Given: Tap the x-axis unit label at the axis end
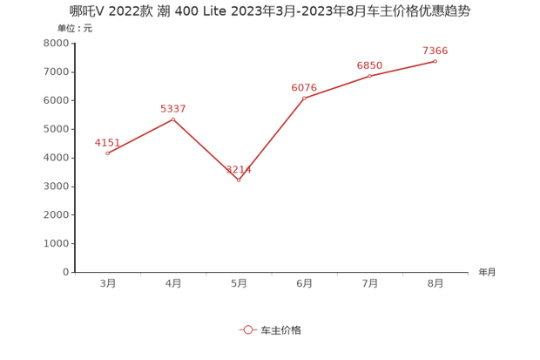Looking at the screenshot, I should click(485, 272).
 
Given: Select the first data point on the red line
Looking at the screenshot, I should click(107, 153).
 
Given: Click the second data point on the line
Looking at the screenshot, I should click(172, 117).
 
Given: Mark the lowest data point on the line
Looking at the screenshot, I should click(239, 180).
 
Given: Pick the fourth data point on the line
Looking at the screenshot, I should click(304, 98).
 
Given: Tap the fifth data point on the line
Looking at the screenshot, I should click(369, 76).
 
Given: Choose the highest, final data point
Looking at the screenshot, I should click(435, 61).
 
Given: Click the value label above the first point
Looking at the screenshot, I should click(107, 141).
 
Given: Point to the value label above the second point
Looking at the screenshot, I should click(173, 107).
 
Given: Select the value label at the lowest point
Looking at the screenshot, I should click(240, 169).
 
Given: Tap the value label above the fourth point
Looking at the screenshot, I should click(305, 86).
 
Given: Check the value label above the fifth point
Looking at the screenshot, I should click(370, 65).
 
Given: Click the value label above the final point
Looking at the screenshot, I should click(435, 51).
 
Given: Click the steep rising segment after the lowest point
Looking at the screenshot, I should click(272, 139).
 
